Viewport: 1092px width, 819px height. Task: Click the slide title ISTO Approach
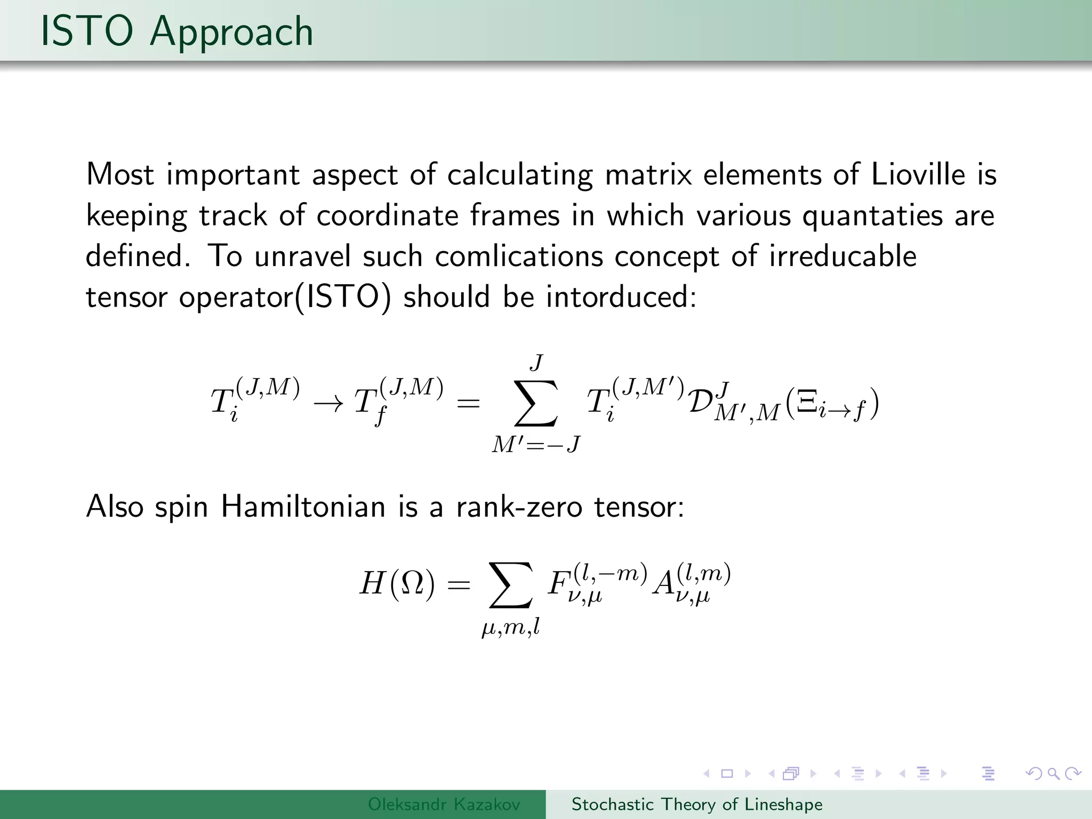point(176,32)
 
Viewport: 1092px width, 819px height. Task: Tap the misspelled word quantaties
point(872,216)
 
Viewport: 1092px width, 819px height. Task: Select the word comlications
point(519,256)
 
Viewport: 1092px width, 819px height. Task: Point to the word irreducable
point(842,256)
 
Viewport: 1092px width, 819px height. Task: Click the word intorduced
point(621,297)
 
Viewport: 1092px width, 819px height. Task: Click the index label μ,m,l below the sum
point(511,628)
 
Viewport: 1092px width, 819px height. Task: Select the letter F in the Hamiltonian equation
point(558,584)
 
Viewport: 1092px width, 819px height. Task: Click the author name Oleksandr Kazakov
point(444,804)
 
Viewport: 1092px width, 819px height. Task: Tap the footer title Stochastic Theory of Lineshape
point(697,804)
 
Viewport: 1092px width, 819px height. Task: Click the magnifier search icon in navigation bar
point(1053,773)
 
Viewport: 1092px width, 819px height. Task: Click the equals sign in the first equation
point(468,404)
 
